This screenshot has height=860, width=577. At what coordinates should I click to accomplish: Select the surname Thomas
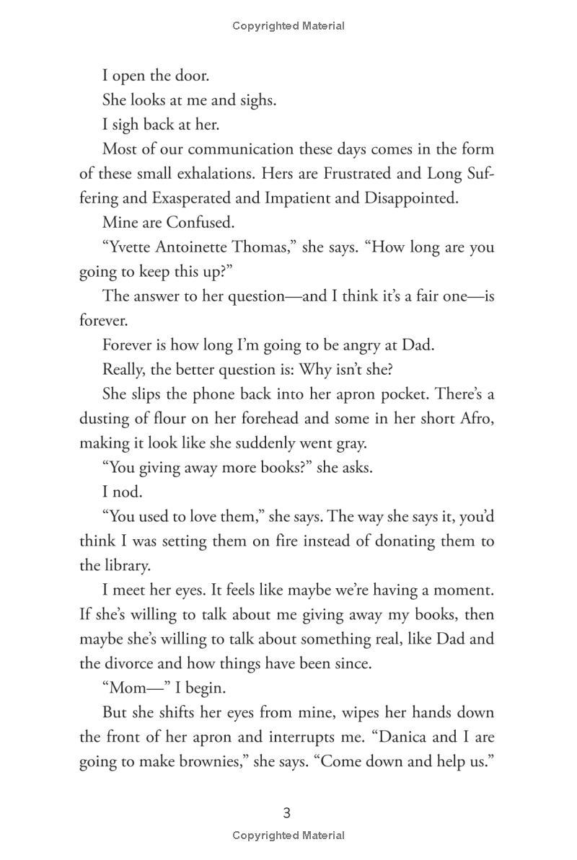tap(268, 247)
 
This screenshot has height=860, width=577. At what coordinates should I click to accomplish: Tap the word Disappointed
tap(416, 198)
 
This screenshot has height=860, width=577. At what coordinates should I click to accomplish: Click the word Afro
tap(477, 419)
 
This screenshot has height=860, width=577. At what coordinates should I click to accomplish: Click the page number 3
tap(287, 813)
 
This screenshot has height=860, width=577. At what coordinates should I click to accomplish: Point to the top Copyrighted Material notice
tap(288, 26)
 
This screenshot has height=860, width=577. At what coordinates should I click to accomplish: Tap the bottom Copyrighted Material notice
tap(288, 836)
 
